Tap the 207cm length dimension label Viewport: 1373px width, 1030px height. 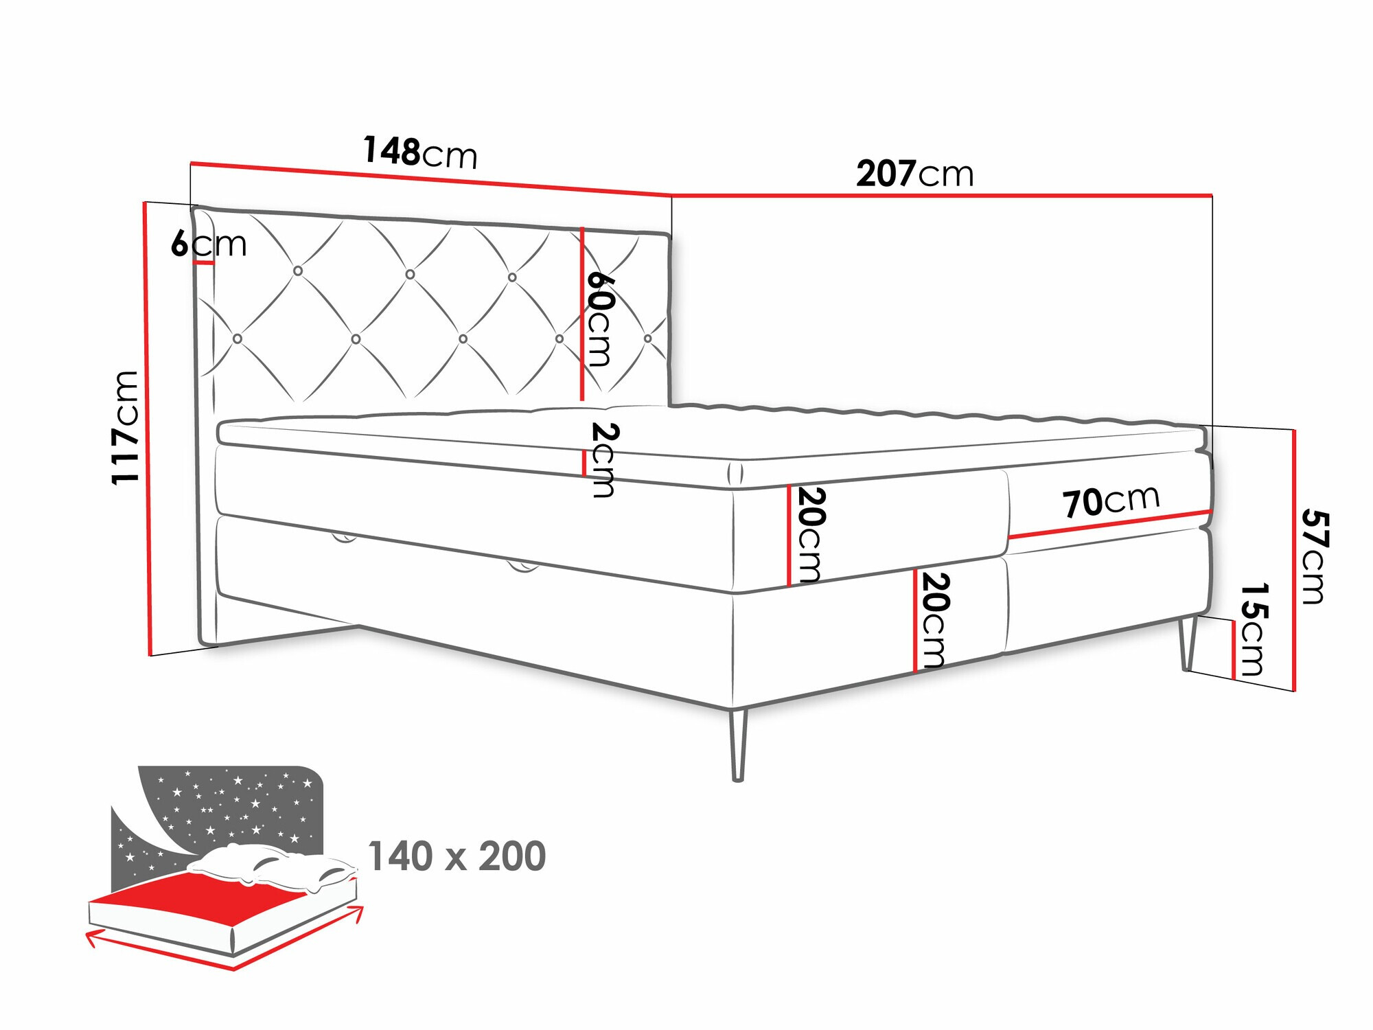914,174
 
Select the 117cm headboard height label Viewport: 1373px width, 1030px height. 126,427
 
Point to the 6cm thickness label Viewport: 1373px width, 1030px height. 209,243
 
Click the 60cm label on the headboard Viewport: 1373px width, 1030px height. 599,319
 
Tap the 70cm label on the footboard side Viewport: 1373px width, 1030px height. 1111,501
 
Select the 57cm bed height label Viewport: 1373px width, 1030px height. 1314,556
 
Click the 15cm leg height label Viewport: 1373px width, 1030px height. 1253,629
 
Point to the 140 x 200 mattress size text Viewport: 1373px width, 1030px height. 457,856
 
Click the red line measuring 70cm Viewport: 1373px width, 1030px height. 1109,524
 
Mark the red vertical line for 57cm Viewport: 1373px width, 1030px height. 1294,560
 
